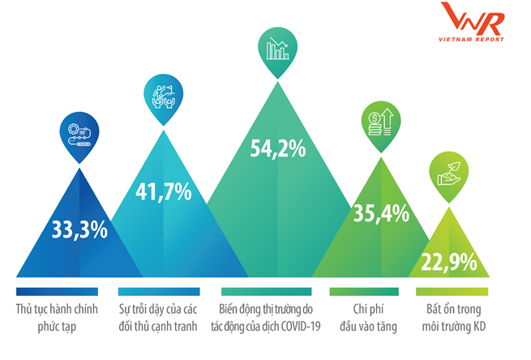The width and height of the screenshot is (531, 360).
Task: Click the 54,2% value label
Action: [277, 148]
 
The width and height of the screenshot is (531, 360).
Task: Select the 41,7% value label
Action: [165, 192]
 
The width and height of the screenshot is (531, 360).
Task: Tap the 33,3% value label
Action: [79, 229]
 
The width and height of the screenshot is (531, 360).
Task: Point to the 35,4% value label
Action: [380, 214]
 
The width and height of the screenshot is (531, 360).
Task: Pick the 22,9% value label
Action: [448, 262]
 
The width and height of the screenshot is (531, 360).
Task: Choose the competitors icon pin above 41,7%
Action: [165, 96]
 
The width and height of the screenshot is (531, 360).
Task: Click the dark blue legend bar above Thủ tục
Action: [57, 291]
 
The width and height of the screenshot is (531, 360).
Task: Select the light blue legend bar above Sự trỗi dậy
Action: [158, 291]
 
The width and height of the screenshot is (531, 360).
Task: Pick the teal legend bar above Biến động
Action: [267, 291]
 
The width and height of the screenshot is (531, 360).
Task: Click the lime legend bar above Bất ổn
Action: [452, 291]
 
